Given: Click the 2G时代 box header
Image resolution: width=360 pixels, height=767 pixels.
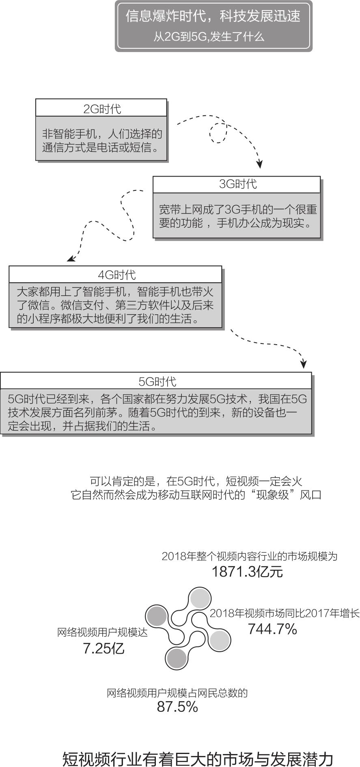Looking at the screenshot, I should click(101, 108).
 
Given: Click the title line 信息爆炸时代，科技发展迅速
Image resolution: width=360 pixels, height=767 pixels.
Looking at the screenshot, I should click(213, 17).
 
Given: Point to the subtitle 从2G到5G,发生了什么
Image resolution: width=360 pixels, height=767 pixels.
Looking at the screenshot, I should click(209, 37).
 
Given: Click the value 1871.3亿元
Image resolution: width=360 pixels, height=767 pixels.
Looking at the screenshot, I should click(247, 572).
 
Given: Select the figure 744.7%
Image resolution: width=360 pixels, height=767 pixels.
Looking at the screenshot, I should click(272, 629).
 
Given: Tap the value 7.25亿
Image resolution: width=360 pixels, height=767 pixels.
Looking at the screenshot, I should click(103, 649).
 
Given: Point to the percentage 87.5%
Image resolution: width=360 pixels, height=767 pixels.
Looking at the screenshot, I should click(177, 707).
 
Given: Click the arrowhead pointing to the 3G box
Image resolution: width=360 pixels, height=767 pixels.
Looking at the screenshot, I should click(260, 164).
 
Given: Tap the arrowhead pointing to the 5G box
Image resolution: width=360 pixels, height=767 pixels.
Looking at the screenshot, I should click(304, 364).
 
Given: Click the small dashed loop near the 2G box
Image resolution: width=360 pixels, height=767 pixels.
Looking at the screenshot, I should click(218, 132).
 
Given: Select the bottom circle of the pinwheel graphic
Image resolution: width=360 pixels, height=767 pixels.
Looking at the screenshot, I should click(176, 658).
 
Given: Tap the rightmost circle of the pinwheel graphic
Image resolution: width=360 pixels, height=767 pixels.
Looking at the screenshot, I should click(220, 640).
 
